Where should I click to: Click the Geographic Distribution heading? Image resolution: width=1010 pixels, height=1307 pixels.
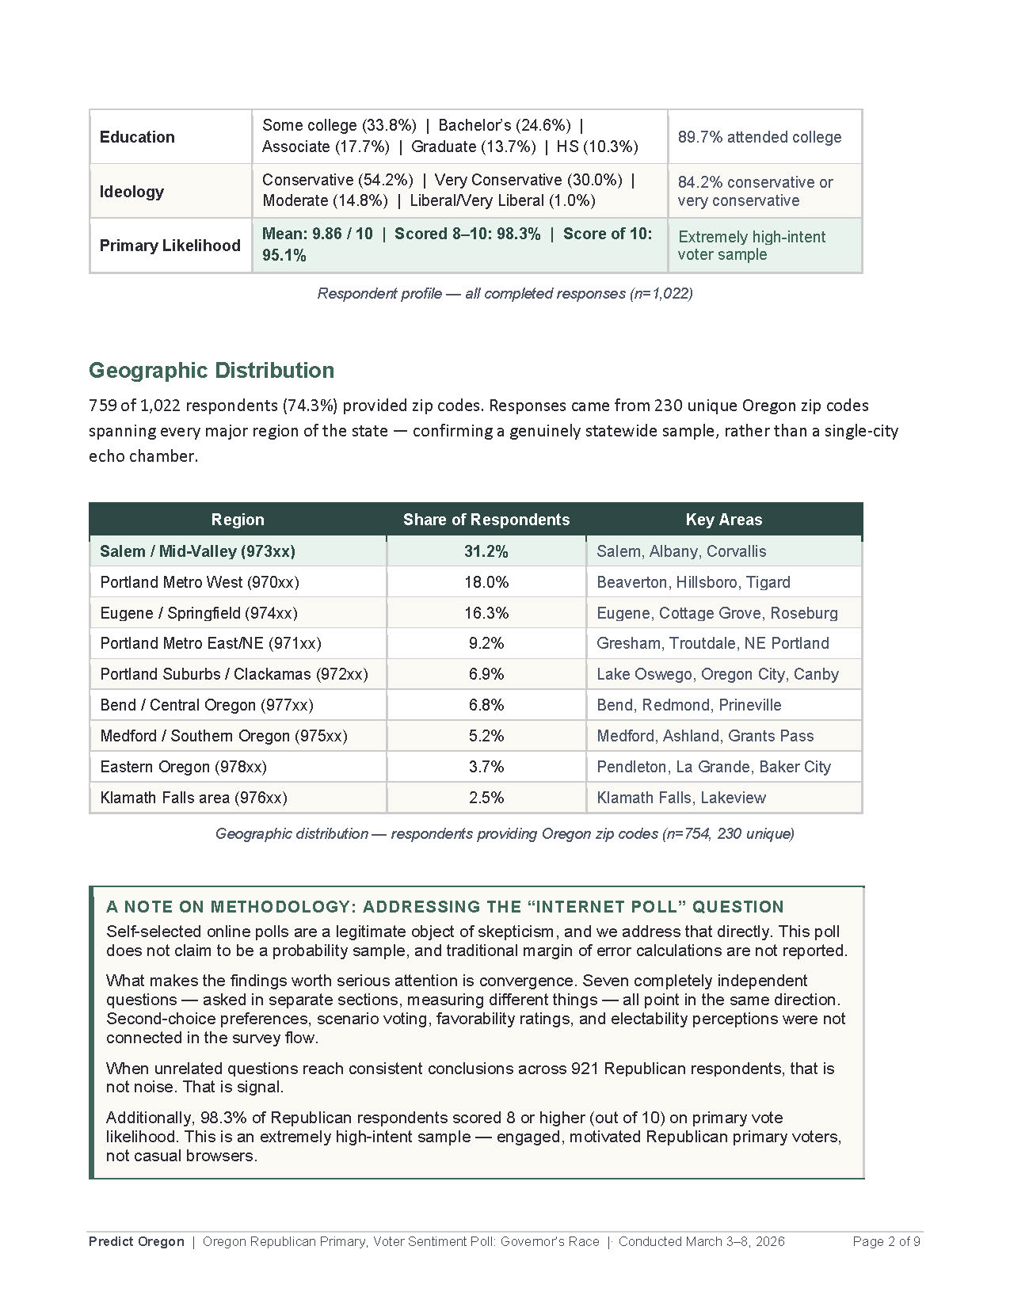click(212, 371)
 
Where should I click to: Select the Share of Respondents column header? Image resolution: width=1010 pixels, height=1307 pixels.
click(486, 520)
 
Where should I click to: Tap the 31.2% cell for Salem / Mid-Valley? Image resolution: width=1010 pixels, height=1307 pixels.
click(486, 551)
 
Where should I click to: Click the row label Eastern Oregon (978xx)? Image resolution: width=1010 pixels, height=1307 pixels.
click(183, 767)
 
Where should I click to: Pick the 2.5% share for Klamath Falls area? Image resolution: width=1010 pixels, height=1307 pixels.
click(486, 798)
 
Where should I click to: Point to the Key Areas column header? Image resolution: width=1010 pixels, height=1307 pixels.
click(723, 520)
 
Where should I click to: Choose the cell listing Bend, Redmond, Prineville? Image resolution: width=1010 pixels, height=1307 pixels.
click(688, 705)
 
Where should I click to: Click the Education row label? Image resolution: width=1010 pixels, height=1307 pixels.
click(137, 137)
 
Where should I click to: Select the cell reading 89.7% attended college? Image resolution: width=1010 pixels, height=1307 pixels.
click(759, 137)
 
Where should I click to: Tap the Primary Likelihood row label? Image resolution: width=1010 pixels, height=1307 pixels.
click(170, 246)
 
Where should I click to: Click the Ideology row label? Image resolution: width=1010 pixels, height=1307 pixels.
click(131, 192)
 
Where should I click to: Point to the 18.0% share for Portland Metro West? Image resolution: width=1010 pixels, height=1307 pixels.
click(486, 582)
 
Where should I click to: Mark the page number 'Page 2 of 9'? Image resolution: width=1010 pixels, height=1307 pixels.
click(886, 1241)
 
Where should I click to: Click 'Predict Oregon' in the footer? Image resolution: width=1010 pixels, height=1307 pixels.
click(136, 1241)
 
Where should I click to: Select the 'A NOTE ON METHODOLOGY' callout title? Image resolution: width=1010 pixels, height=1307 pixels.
click(444, 907)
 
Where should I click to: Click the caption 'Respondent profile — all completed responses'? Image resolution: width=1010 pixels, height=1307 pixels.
click(505, 294)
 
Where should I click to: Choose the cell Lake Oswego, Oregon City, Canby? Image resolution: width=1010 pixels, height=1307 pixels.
click(717, 674)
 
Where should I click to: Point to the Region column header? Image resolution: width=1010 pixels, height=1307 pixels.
click(237, 520)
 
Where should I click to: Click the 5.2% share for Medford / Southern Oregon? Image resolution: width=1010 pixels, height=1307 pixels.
click(486, 736)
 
